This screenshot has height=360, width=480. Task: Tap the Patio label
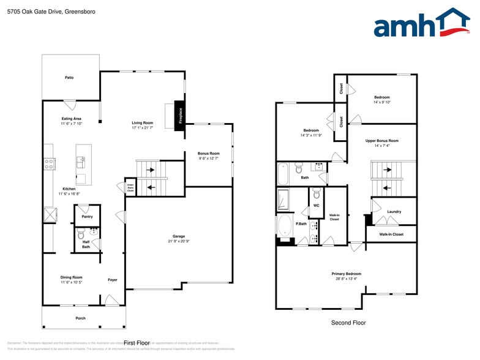70,78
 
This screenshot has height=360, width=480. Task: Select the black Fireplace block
180,114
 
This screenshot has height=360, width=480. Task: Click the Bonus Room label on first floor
208,156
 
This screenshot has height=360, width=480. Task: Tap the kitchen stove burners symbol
48,163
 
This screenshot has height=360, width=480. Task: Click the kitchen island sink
81,162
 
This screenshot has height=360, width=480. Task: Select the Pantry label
87,216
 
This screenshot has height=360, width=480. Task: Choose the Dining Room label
71,279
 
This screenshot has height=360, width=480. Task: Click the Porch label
80,318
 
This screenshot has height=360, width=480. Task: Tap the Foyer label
113,280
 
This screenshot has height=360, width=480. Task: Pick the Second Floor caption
348,323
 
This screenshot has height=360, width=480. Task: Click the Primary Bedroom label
346,276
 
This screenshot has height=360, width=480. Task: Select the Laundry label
394,211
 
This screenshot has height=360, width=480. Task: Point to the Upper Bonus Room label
381,143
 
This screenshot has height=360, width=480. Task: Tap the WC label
316,206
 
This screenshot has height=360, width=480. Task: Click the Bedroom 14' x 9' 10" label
381,99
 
